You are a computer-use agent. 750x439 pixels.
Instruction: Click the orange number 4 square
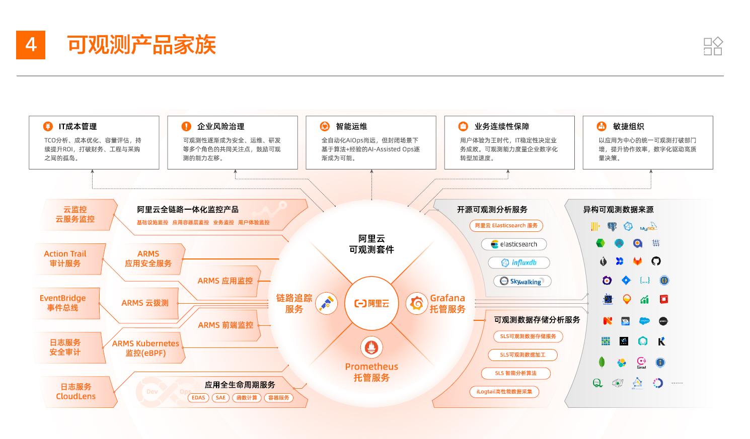click(x=31, y=45)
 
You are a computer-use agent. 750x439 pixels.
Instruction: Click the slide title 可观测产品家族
click(x=141, y=45)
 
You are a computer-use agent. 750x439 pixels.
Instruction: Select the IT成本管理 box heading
click(x=78, y=127)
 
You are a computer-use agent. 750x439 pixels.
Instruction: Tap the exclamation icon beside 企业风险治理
click(x=186, y=126)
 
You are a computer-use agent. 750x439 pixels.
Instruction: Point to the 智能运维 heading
click(x=351, y=127)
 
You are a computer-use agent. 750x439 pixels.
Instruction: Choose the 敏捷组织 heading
click(x=628, y=127)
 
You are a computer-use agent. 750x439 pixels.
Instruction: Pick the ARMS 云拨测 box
click(x=145, y=303)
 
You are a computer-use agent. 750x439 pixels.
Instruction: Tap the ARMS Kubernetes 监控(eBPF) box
click(x=145, y=348)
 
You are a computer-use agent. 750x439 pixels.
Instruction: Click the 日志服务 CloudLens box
click(x=76, y=391)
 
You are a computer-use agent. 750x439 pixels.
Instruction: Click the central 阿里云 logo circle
click(x=371, y=303)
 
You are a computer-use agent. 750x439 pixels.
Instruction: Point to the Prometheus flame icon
click(x=371, y=347)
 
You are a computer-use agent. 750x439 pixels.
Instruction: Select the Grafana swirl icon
click(x=417, y=303)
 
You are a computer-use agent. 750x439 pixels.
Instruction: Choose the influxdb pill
click(x=518, y=262)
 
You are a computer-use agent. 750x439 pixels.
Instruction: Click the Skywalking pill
click(x=521, y=282)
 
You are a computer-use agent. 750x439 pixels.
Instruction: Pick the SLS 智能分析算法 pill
click(x=515, y=373)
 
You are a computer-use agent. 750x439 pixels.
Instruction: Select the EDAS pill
click(x=198, y=398)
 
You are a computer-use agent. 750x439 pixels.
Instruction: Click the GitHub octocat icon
click(x=656, y=261)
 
